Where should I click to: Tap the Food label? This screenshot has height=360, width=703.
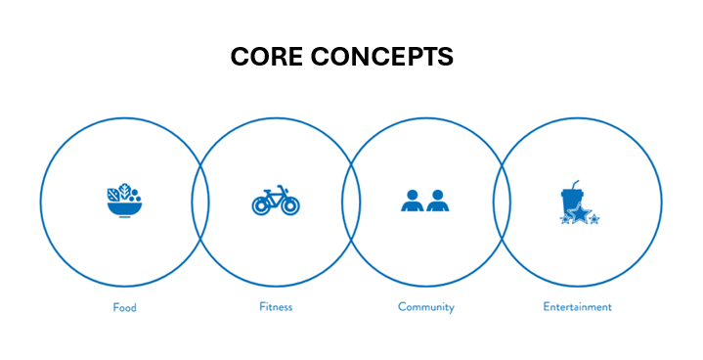[x=124, y=307]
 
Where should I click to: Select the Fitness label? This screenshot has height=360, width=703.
[x=276, y=307]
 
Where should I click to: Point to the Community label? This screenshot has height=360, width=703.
[x=426, y=307]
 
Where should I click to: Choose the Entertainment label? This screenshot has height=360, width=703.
[x=577, y=307]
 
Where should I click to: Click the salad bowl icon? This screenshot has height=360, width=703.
[x=124, y=202]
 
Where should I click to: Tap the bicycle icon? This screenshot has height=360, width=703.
[x=276, y=201]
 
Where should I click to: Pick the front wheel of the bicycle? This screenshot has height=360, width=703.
[x=288, y=205]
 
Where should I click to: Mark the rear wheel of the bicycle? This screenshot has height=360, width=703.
[x=262, y=205]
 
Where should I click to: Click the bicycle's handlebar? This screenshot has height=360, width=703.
[x=283, y=188]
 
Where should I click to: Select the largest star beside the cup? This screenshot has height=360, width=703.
[x=580, y=213]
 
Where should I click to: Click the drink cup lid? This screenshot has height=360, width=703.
[x=570, y=193]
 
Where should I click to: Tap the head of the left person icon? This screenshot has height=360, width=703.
[x=412, y=195]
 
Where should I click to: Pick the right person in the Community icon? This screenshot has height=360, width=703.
[x=436, y=202]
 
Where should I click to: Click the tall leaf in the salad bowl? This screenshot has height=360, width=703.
[x=114, y=193]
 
